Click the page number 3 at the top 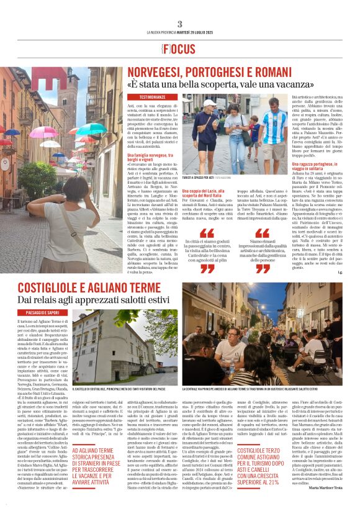[x=179, y=24]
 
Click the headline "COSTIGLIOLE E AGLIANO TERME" [x=89, y=287]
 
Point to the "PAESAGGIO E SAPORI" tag [x=43, y=312]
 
